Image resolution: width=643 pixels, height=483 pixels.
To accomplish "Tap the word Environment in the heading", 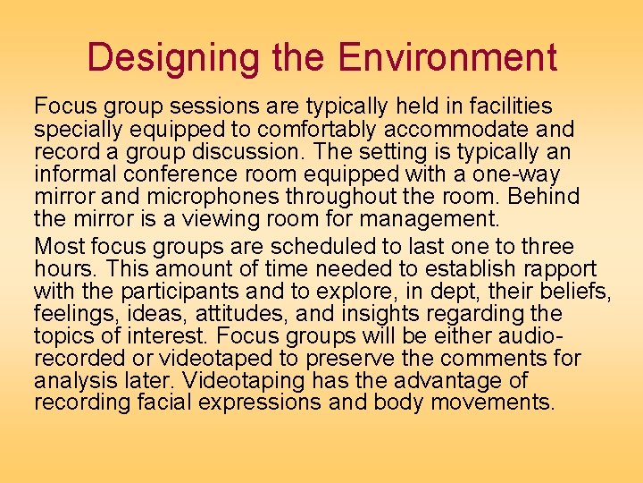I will pyautogui.click(x=447, y=58).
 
